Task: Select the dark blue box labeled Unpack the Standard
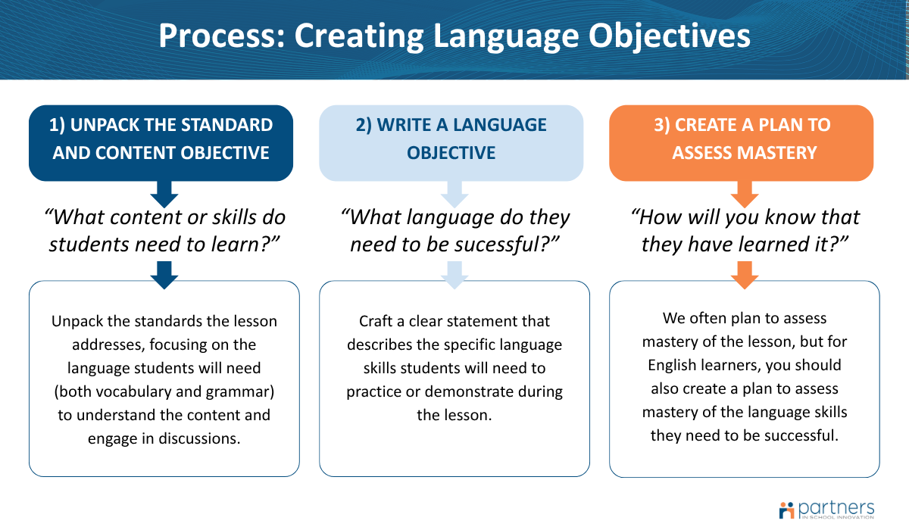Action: [x=161, y=142]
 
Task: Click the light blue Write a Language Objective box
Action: [x=451, y=142]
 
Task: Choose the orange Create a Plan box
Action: [x=742, y=142]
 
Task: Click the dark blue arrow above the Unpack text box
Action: [x=164, y=274]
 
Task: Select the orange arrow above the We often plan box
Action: [x=745, y=274]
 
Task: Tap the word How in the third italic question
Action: [x=658, y=218]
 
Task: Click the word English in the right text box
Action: [x=673, y=365]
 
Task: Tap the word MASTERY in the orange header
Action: [x=778, y=153]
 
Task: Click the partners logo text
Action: [x=836, y=507]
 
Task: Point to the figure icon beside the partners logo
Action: [x=786, y=509]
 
